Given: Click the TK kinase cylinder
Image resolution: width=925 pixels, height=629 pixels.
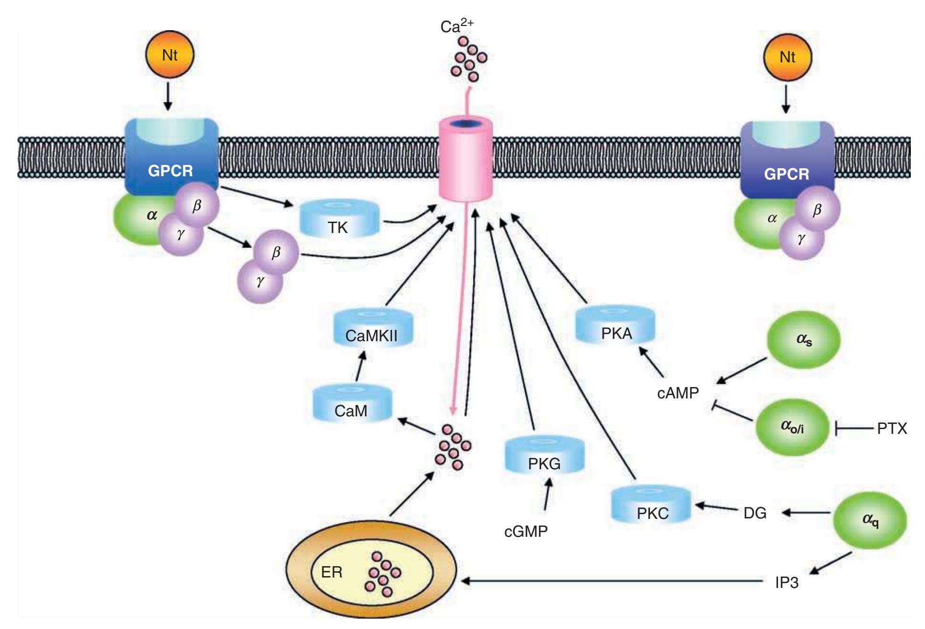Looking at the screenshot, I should [339, 220].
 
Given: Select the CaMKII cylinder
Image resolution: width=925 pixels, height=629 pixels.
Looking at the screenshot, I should [372, 329].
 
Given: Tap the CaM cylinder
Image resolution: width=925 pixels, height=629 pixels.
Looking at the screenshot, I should [352, 404].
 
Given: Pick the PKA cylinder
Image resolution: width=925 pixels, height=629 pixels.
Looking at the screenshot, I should [615, 327].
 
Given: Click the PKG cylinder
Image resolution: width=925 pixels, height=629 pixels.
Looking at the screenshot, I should [544, 456].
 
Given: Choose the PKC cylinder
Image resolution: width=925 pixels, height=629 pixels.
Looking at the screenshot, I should [651, 506].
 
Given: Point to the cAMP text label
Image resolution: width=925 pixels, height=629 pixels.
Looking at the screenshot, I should [677, 393].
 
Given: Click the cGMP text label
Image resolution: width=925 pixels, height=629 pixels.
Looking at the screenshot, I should [526, 532].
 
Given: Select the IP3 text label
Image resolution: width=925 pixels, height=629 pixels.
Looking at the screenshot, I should [787, 582].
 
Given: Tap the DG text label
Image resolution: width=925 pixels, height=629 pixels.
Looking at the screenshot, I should [754, 513].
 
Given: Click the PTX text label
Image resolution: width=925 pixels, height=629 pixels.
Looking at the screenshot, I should [892, 429].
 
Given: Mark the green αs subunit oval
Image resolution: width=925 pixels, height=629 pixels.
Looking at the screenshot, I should [803, 340].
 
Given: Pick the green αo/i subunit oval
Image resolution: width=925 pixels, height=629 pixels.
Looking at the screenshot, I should [792, 427].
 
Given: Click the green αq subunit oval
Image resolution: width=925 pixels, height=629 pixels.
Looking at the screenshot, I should [870, 520].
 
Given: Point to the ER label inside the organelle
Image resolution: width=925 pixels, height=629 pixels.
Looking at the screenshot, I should [332, 572].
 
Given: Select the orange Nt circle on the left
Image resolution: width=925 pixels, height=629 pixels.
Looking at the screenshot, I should [170, 55].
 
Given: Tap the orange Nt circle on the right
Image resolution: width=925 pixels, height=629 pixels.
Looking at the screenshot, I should [787, 57].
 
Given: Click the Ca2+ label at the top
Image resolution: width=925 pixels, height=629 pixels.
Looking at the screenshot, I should [456, 26].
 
